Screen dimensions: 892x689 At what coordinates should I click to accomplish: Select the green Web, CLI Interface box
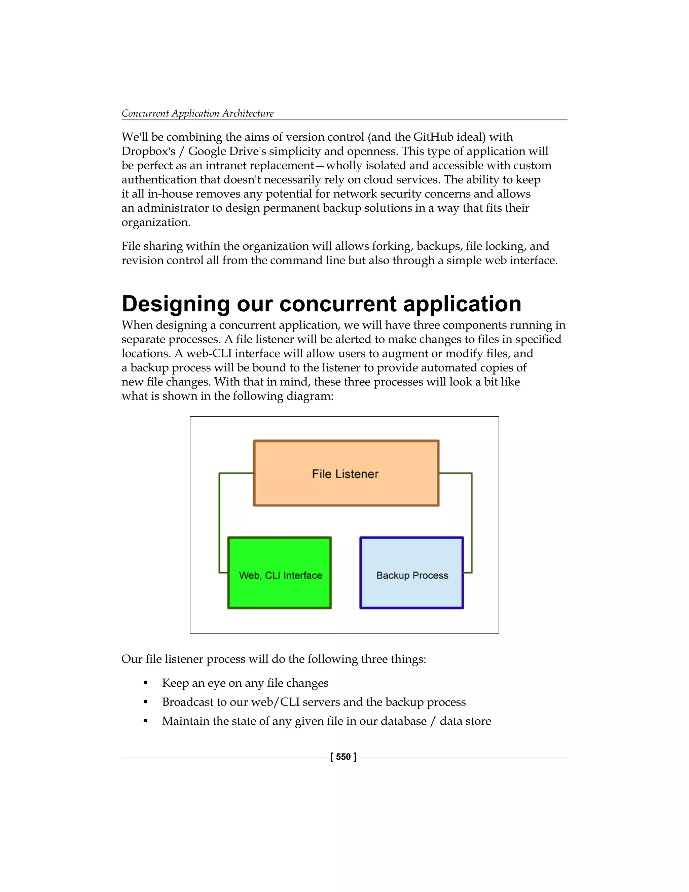point(280,573)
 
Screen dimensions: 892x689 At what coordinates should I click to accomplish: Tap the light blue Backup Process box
point(411,573)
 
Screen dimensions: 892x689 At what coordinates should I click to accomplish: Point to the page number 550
point(343,757)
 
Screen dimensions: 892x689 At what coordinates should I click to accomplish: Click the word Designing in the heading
point(176,304)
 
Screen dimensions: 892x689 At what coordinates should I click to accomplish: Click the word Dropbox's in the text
point(148,151)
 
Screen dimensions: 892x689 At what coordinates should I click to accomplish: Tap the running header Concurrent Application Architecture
point(197,113)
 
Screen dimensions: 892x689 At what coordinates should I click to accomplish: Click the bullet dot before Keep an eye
point(145,683)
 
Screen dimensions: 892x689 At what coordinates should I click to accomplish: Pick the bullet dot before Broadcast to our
point(145,702)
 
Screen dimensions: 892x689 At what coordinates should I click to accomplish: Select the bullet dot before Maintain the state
point(145,721)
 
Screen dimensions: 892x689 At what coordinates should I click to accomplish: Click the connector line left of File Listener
point(219,523)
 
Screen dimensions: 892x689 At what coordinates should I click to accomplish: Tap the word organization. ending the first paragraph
point(156,222)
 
